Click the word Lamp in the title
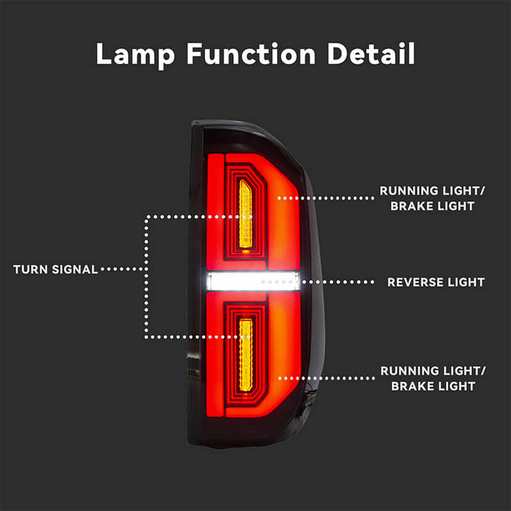pyautogui.click(x=135, y=54)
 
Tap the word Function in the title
pyautogui.click(x=251, y=53)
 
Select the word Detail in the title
pyautogui.click(x=371, y=53)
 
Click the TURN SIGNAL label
pyautogui.click(x=56, y=270)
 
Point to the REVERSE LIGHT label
pyautogui.click(x=436, y=282)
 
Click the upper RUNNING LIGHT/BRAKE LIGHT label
pyautogui.click(x=432, y=198)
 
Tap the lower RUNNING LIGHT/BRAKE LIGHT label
pyautogui.click(x=433, y=379)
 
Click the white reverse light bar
pyautogui.click(x=253, y=281)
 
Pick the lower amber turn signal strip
pyautogui.click(x=245, y=355)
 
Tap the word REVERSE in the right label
pyautogui.click(x=415, y=282)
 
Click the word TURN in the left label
pyautogui.click(x=31, y=270)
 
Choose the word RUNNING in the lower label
pyautogui.click(x=406, y=371)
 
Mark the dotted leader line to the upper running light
pyautogui.click(x=326, y=198)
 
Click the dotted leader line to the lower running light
pyautogui.click(x=327, y=379)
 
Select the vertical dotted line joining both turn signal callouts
pyautogui.click(x=147, y=277)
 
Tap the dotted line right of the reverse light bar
pyautogui.click(x=338, y=282)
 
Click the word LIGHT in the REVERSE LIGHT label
pyautogui.click(x=466, y=282)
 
